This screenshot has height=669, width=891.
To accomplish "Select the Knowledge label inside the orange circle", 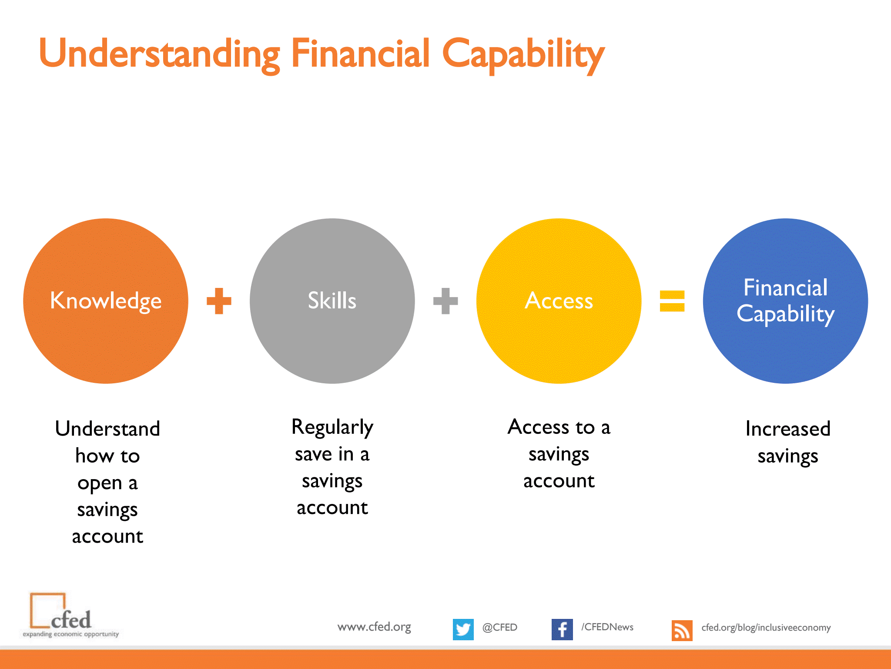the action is [x=106, y=301].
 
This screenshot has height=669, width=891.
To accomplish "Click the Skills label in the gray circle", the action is [x=332, y=300].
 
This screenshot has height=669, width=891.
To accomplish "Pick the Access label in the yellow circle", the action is [x=559, y=301].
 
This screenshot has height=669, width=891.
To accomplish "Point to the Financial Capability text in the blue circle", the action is [x=785, y=301].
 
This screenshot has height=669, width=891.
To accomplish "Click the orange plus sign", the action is [x=219, y=301].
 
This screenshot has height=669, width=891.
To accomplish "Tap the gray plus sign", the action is [x=445, y=301].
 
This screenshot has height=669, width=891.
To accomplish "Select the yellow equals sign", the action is [x=672, y=301].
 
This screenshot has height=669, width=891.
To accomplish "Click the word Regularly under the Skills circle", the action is [x=332, y=428].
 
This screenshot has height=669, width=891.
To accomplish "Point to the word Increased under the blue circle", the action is [x=788, y=429].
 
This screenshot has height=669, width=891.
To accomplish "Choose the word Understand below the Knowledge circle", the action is [x=107, y=429].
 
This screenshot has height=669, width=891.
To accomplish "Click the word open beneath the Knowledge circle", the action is [x=100, y=483].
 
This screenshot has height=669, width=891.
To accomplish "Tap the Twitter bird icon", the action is [x=463, y=629].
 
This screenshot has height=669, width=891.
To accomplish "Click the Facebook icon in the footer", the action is [x=562, y=629].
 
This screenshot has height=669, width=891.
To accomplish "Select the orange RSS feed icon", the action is [x=682, y=631].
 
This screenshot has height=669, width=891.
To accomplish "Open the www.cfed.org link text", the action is [x=374, y=627].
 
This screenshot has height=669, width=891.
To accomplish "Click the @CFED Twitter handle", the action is [x=500, y=627].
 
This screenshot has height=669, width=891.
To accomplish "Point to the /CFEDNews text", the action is [x=607, y=627].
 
